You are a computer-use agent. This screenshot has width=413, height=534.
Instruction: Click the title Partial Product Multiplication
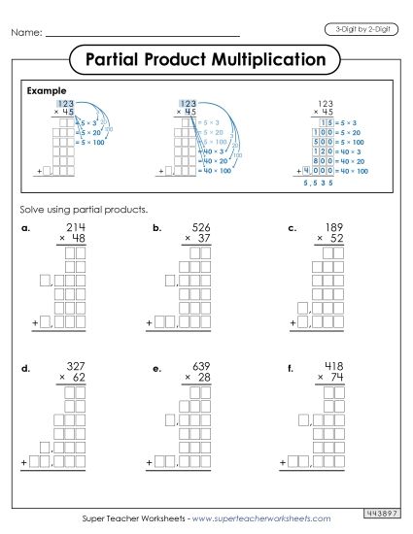(x=206, y=60)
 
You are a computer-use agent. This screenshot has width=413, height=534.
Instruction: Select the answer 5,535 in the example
(x=318, y=182)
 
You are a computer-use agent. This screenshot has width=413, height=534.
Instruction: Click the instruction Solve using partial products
(x=82, y=209)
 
